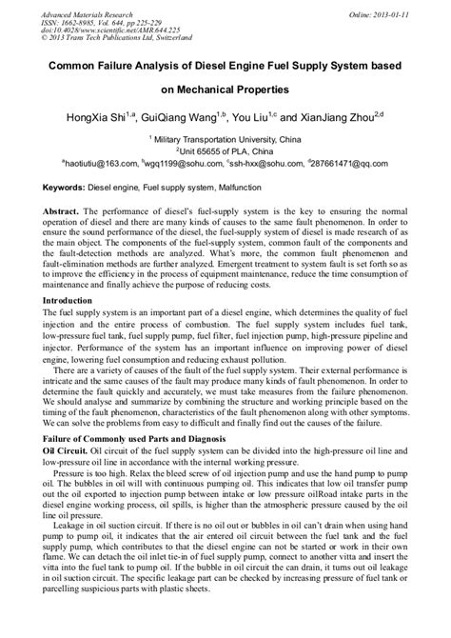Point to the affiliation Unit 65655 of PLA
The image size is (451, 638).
click(226, 150)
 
